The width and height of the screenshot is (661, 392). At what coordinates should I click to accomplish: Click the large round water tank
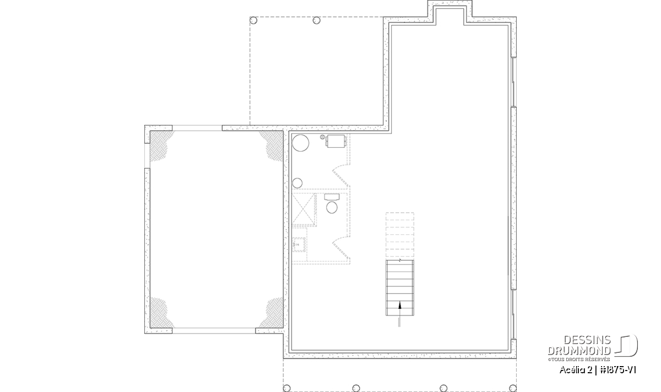point(300,143)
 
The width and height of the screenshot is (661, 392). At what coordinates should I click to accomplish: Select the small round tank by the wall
point(297,183)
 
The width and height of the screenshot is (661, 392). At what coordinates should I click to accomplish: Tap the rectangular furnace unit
point(335,141)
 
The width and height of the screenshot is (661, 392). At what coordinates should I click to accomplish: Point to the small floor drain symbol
point(323,137)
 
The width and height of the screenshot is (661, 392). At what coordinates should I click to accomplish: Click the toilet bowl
point(332,207)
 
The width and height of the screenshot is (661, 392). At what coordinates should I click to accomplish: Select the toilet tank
point(332,197)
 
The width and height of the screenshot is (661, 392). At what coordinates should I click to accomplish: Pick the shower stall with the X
point(304,210)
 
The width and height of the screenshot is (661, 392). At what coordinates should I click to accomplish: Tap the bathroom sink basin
point(299,245)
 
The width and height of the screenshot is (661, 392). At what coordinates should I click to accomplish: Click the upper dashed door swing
point(342,176)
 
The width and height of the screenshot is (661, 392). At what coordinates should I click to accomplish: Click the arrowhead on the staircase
point(400,305)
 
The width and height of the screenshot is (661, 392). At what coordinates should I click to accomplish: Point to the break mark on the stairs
point(400,260)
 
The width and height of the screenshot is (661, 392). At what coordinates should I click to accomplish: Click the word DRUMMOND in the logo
point(579,351)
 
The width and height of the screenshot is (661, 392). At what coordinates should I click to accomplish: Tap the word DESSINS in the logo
point(587,340)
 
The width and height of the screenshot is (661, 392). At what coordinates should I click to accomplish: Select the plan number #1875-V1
point(618,370)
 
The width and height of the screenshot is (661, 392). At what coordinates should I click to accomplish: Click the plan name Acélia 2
point(576,370)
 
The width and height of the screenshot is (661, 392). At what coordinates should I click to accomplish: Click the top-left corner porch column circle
point(253,20)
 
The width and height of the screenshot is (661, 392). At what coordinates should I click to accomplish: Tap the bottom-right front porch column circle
point(513,388)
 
